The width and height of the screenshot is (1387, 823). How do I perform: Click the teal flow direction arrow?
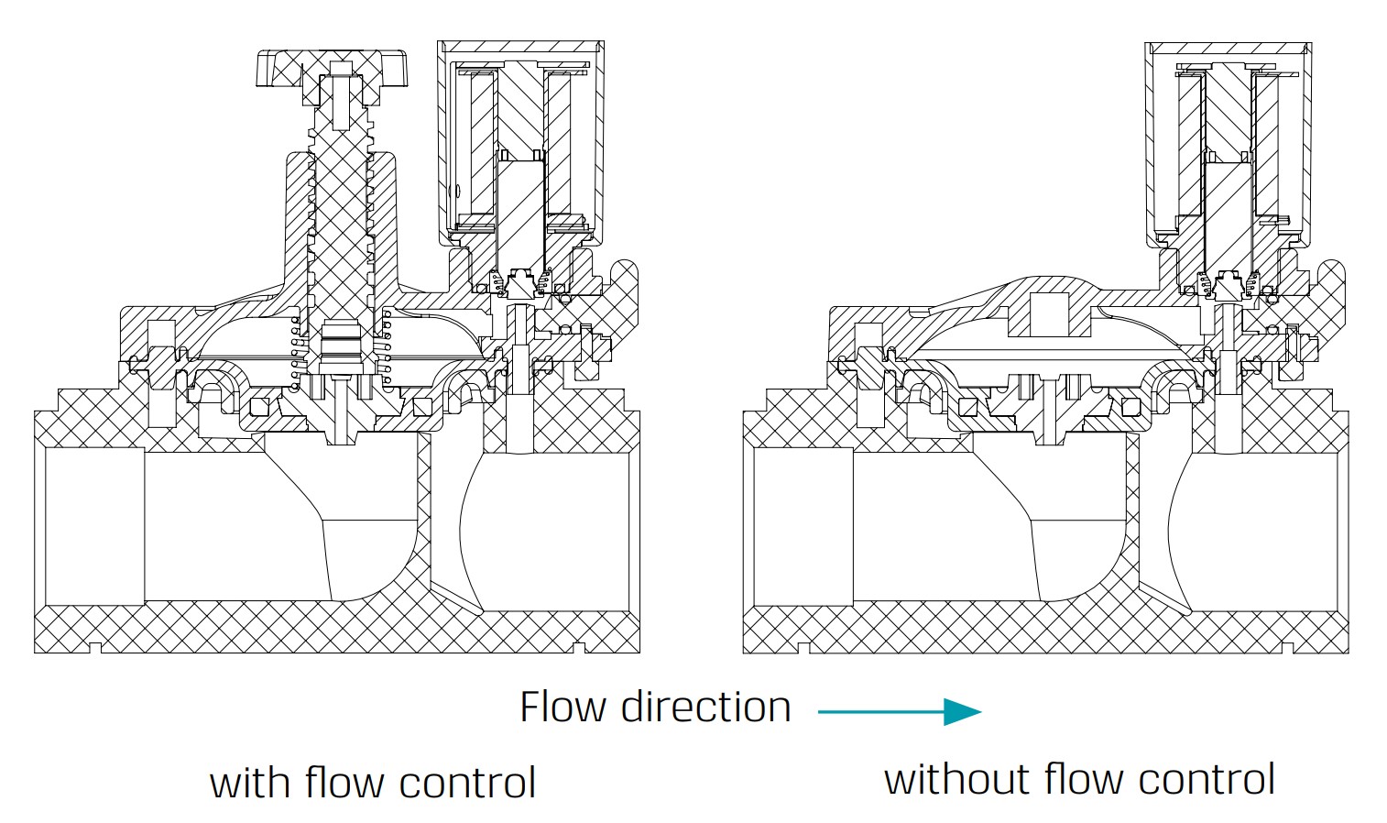900,711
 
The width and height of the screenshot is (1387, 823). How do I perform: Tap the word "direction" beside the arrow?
705,708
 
